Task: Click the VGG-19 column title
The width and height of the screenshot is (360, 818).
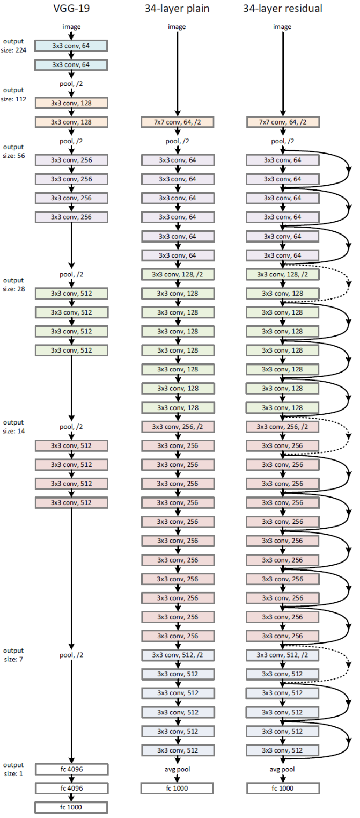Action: click(71, 9)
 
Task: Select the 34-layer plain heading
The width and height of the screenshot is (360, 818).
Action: click(177, 9)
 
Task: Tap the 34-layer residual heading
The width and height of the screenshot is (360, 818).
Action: click(283, 9)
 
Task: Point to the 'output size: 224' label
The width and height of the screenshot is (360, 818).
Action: click(13, 46)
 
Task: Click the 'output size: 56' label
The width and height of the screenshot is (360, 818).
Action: click(13, 151)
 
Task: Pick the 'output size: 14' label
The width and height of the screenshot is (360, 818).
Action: click(13, 427)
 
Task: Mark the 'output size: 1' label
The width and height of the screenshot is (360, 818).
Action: click(13, 769)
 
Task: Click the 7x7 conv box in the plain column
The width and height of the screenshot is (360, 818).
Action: click(178, 122)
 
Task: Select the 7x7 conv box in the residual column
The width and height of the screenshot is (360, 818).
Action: click(283, 122)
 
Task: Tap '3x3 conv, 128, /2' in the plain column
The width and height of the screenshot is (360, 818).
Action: click(178, 274)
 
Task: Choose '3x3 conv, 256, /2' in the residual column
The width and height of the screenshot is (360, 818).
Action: click(282, 427)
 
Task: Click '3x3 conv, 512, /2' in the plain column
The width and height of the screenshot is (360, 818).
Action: click(178, 655)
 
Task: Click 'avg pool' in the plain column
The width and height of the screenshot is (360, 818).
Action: click(178, 769)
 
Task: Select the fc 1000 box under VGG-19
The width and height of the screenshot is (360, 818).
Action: click(71, 807)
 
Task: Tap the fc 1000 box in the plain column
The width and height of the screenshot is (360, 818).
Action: click(177, 788)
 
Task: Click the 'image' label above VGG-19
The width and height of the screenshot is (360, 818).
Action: click(71, 27)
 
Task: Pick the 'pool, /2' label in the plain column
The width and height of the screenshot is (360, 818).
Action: click(178, 141)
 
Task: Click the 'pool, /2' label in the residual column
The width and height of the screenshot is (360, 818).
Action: click(283, 141)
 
